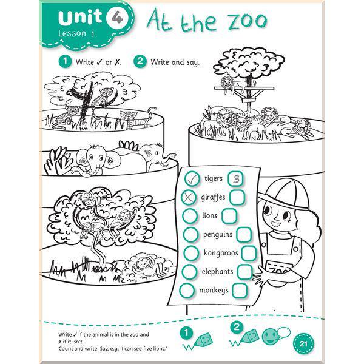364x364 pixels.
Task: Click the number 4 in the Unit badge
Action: (117, 18)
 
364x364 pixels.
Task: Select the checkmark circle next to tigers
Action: (192, 179)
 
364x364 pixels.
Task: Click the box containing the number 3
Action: (235, 178)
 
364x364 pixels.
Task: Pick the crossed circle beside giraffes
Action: (189, 197)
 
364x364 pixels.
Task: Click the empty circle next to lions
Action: (190, 216)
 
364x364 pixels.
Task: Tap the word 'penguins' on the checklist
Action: (218, 234)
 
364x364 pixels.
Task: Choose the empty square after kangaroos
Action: (249, 253)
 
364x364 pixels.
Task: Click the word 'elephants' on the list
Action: (217, 271)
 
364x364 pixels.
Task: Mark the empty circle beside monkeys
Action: (187, 291)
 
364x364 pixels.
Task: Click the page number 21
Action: (303, 343)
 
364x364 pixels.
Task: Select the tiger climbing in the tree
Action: (106, 96)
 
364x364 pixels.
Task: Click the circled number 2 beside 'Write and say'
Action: (140, 61)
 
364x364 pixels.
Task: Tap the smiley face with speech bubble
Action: (275, 336)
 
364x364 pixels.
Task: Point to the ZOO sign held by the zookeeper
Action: (277, 269)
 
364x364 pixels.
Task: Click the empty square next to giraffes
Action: (237, 197)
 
